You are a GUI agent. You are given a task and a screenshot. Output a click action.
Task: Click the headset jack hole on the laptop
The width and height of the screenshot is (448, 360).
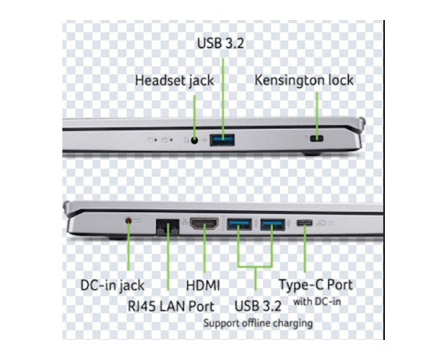[x=194, y=140]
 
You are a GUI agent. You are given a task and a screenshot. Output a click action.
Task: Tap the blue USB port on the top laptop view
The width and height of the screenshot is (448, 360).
[x=222, y=140]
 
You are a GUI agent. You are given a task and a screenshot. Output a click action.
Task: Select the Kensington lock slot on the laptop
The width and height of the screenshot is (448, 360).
[x=317, y=138]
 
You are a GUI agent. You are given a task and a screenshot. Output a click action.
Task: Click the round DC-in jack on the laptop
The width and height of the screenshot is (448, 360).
[x=129, y=221]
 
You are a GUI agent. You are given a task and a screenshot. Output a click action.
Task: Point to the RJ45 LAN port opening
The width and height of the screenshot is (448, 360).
[x=167, y=227]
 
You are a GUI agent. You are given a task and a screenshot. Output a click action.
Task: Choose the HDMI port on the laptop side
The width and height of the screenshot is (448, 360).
[x=204, y=223]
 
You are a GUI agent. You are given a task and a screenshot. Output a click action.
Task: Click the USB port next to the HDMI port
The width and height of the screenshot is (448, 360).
[x=239, y=224]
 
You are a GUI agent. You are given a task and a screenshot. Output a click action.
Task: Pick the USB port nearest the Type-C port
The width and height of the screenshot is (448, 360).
[x=273, y=224]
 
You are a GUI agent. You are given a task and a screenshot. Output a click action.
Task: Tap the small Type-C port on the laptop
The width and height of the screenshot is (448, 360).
[x=304, y=222]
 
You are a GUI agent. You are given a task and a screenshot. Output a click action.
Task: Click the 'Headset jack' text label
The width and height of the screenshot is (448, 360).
[x=174, y=81]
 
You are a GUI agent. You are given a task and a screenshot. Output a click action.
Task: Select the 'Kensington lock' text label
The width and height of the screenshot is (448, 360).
[x=304, y=80]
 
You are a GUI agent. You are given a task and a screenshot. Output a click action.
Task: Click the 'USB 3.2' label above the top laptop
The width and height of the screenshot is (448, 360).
[x=221, y=43]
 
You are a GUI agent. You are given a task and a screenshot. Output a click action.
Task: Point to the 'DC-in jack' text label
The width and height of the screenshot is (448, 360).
[x=112, y=286]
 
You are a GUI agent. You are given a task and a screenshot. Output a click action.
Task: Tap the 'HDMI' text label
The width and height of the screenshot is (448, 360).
[x=203, y=286]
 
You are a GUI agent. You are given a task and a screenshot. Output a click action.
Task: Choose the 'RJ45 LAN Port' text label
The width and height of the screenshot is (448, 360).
[x=171, y=306]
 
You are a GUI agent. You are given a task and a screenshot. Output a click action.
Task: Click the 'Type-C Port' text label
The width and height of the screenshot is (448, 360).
[x=316, y=285]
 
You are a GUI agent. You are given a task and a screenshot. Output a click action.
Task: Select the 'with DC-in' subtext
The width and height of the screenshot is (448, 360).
[x=317, y=302]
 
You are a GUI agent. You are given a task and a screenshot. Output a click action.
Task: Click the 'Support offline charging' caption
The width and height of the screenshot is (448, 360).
[x=258, y=323]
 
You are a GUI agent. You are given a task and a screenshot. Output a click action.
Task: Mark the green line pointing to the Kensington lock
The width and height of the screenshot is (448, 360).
[x=317, y=114]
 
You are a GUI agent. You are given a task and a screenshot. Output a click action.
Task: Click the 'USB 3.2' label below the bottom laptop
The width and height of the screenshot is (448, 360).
[x=258, y=306]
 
